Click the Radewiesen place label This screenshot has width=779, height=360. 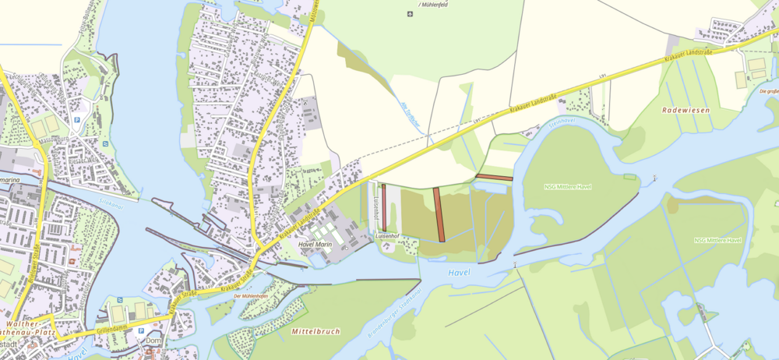[686, 111]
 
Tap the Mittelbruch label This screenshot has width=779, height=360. [315, 331]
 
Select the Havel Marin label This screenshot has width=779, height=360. [315, 245]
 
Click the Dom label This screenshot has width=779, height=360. [153, 340]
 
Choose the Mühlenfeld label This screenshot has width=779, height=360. [435, 4]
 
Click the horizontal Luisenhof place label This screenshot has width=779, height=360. [387, 235]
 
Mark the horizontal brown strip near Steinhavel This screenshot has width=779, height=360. [494, 178]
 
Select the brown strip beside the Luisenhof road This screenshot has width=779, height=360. [384, 206]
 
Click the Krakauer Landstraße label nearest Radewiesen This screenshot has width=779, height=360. [689, 55]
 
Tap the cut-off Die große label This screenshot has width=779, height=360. [768, 91]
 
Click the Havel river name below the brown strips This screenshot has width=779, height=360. [460, 271]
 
